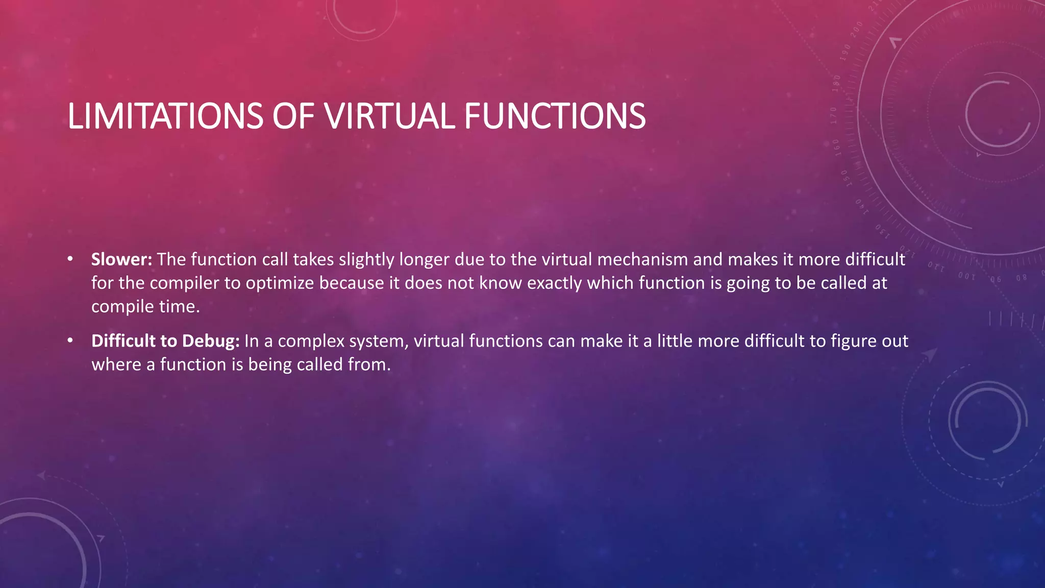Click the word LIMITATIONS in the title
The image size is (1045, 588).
(x=165, y=116)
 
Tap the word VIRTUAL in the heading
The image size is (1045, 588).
(x=389, y=116)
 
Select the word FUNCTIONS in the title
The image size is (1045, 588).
(x=555, y=116)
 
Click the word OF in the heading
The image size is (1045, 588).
(x=293, y=116)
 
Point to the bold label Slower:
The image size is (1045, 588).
(x=121, y=259)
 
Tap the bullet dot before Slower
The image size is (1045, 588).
(x=70, y=259)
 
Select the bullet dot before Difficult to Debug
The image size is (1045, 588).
(x=70, y=340)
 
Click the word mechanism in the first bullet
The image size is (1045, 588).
(x=642, y=259)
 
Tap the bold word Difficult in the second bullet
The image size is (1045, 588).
(x=123, y=341)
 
